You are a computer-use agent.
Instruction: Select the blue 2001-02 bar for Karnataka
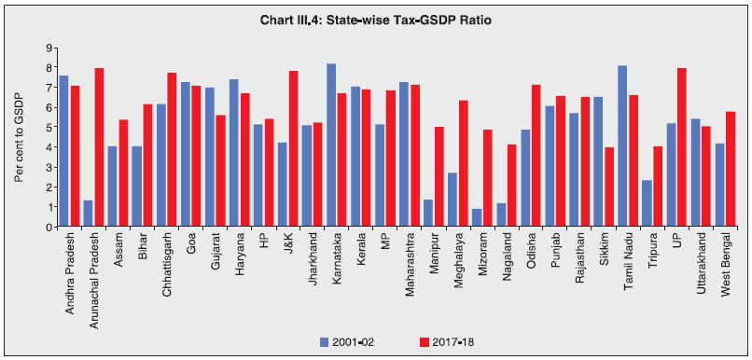(331, 145)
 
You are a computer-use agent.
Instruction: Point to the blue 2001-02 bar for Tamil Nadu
(622, 145)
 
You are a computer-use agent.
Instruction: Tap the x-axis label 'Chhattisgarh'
(167, 266)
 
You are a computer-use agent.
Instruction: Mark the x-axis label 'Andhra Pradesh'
(70, 271)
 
